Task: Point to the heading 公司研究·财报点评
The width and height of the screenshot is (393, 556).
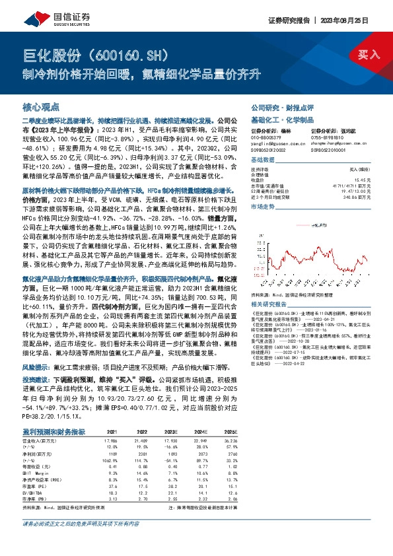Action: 277,106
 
